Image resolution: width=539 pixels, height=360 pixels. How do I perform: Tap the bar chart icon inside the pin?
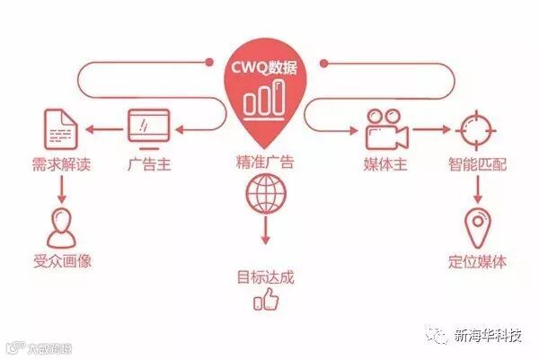coord(267,100)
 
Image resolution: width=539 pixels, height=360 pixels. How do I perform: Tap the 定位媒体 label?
coord(476,261)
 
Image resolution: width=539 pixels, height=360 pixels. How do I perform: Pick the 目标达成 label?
coord(267,272)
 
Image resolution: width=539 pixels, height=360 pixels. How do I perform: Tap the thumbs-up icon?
coord(267,303)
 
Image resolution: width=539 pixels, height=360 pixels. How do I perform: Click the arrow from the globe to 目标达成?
coord(267,232)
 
